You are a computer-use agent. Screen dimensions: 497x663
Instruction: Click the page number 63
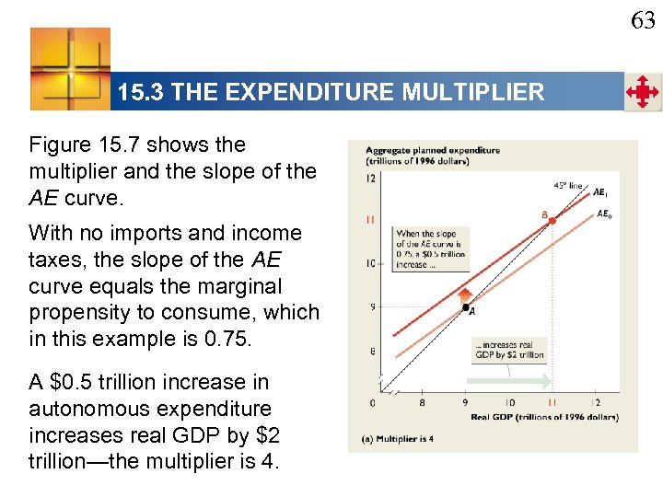643,19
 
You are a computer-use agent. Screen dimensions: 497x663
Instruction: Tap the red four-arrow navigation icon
642,93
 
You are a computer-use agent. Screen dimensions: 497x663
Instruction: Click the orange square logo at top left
70,69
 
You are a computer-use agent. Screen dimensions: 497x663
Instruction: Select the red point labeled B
552,221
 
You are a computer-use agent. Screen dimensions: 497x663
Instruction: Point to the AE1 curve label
599,193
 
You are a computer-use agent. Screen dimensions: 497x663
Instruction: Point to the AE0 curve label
603,214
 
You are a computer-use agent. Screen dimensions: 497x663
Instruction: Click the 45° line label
567,185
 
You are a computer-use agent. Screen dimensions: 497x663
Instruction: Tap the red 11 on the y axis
369,220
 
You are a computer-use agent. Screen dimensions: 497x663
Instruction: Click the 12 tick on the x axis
595,403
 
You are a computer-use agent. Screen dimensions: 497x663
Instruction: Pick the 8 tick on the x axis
422,403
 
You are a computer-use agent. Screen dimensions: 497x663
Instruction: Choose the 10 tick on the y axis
369,264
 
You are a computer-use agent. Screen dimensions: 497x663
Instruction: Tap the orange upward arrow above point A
463,293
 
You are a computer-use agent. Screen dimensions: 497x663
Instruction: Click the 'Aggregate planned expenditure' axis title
432,150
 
